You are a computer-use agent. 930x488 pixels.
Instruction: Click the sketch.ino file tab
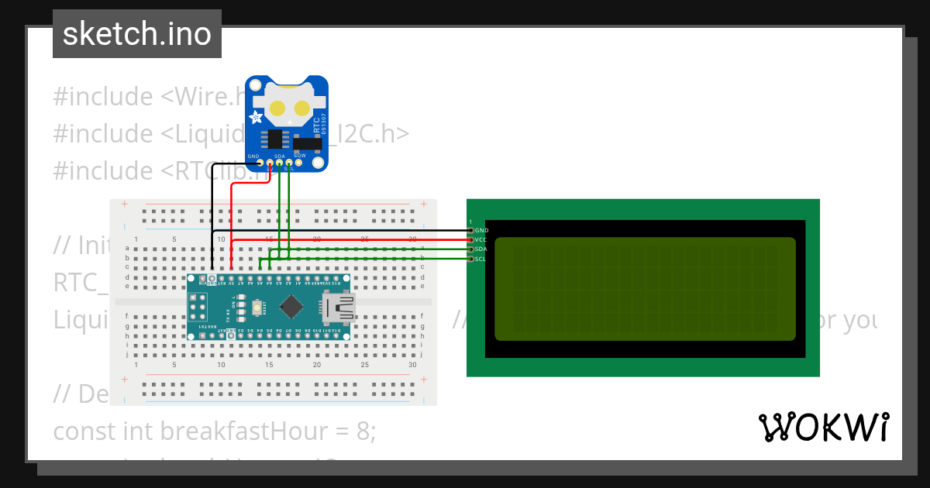click(136, 34)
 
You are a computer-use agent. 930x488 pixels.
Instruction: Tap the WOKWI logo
click(822, 427)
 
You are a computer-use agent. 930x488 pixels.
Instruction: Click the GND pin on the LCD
click(470, 230)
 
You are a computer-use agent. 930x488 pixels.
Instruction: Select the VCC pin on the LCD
click(470, 240)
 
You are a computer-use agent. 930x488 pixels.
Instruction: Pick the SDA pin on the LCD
click(470, 249)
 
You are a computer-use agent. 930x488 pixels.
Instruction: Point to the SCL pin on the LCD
click(470, 259)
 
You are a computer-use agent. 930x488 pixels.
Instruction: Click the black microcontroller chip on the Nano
click(291, 308)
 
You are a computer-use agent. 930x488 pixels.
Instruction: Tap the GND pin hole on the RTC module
click(260, 163)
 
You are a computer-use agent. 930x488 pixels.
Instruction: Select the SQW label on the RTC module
click(299, 156)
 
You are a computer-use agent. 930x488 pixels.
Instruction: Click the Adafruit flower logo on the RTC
click(255, 117)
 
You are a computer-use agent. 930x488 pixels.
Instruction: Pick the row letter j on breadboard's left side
click(126, 354)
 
